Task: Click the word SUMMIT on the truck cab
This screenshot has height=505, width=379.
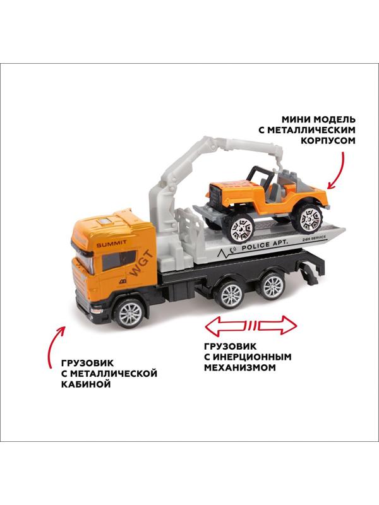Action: tap(112, 244)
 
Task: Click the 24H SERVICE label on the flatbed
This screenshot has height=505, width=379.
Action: tap(314, 238)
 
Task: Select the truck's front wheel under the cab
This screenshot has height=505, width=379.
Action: tap(130, 313)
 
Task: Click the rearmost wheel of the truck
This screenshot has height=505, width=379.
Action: tap(272, 287)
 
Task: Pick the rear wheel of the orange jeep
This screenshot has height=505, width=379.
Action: tap(308, 218)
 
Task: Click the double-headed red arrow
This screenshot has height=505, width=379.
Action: tap(251, 325)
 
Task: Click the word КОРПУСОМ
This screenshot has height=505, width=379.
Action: tap(328, 141)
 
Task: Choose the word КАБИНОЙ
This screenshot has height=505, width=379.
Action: tap(86, 384)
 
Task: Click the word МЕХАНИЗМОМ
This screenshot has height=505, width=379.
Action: tap(240, 367)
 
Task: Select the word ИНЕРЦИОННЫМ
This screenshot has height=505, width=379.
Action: tap(251, 357)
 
